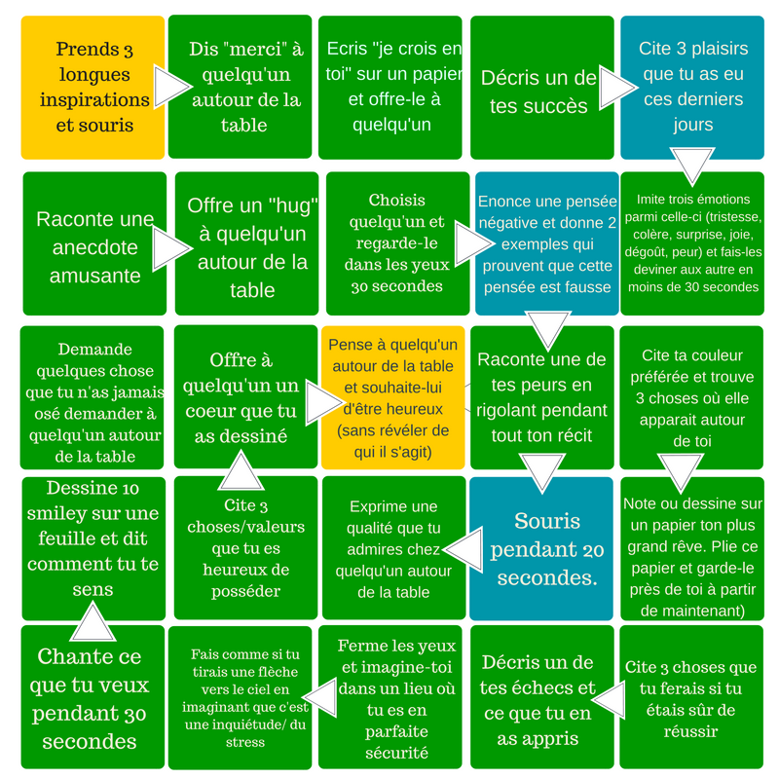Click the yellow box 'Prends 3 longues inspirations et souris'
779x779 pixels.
93,88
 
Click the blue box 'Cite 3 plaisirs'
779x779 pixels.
692,87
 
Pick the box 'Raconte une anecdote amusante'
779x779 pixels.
88,245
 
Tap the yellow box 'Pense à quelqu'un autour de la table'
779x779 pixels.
392,397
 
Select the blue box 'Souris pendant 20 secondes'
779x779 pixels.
545,548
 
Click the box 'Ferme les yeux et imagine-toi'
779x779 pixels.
394,698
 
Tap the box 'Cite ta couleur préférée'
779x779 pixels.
691,397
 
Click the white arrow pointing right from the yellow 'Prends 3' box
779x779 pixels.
171,88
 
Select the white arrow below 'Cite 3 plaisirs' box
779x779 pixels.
693,166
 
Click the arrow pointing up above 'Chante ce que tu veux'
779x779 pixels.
93,619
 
